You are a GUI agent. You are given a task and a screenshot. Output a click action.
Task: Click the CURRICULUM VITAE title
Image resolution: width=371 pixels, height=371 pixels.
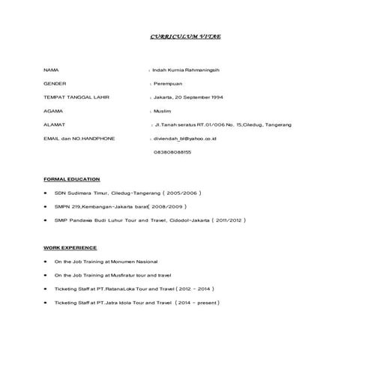[x=186, y=36]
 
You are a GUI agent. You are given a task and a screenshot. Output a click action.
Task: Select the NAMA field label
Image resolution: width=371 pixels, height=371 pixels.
[x=51, y=70]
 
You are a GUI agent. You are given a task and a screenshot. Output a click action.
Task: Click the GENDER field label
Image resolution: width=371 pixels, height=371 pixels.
[x=55, y=83]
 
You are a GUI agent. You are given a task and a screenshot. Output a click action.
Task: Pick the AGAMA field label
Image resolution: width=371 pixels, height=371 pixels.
[x=53, y=110]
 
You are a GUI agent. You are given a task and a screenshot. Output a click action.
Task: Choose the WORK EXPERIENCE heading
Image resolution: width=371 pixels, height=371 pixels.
[x=70, y=247]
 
